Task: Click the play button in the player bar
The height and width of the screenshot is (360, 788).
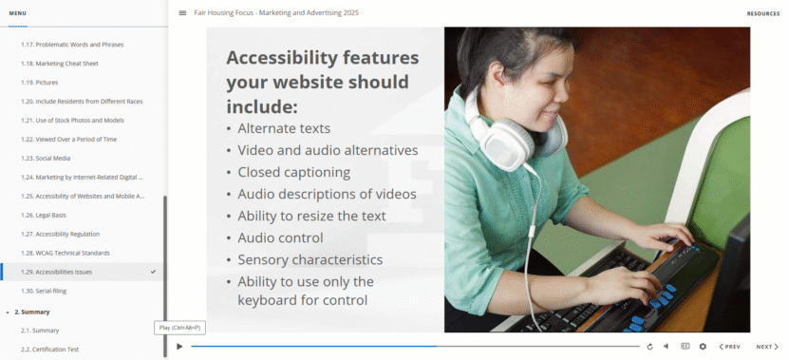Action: [x=179, y=347]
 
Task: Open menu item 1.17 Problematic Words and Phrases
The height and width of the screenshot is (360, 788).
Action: [x=72, y=45]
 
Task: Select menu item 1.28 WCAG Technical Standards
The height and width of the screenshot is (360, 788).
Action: [x=66, y=253]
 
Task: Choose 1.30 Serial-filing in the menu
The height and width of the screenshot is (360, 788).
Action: [x=44, y=291]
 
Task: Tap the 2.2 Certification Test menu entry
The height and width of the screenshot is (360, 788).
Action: [x=49, y=350]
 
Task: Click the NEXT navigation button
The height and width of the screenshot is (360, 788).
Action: [x=767, y=347]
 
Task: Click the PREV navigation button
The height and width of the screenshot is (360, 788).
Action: [x=730, y=347]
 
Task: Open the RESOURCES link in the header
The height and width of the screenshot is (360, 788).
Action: [x=763, y=13]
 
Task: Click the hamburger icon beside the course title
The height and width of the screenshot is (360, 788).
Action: [x=182, y=13]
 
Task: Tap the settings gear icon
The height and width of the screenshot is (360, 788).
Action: [x=703, y=347]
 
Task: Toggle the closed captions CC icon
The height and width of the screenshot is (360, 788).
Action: [x=685, y=346]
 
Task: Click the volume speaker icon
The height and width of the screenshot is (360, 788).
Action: [x=666, y=347]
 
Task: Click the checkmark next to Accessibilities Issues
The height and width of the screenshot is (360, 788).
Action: [x=153, y=272]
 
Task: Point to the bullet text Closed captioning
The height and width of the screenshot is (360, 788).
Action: [x=294, y=173]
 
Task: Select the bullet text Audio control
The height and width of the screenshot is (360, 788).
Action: [x=280, y=237]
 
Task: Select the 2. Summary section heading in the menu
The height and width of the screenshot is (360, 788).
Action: [x=32, y=312]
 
